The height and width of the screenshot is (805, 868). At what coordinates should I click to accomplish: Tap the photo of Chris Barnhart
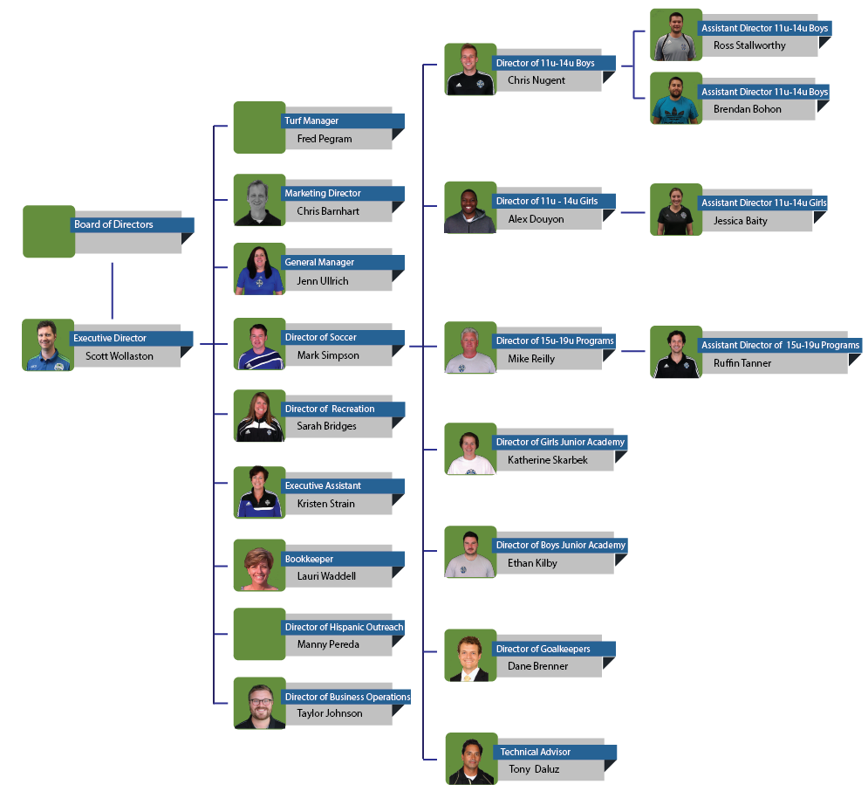coord(259,200)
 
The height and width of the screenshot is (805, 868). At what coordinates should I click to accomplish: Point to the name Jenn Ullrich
coord(322,281)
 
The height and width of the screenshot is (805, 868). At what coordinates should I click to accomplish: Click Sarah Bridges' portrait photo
coord(259,416)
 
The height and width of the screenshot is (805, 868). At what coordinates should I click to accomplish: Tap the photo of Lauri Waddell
coord(259,565)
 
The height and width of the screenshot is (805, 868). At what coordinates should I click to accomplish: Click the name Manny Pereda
coord(328,644)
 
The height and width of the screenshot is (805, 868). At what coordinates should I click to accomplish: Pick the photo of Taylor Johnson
coord(259,703)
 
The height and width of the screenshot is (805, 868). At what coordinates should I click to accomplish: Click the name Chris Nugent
coord(537,80)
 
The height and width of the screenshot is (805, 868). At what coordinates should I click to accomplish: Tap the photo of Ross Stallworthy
coord(676,35)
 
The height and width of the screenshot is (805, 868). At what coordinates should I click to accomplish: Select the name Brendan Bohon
coord(747,109)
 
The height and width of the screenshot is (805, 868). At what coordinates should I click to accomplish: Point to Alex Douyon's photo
coord(470,208)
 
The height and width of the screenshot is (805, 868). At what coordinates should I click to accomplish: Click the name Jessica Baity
coord(740,221)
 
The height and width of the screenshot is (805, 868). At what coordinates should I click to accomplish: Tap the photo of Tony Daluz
coord(471,759)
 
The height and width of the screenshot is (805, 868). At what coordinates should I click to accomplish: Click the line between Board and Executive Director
coord(113,290)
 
